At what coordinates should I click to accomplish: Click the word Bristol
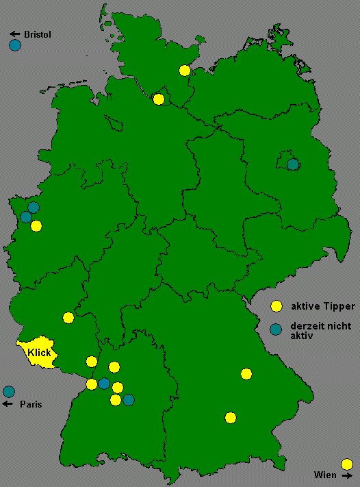click(x=38, y=34)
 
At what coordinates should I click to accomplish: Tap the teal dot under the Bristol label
click(x=15, y=46)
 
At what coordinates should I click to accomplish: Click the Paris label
click(x=31, y=404)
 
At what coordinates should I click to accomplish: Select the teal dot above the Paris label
click(x=9, y=392)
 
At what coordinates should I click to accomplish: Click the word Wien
click(x=325, y=475)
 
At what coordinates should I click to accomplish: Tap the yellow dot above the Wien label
click(x=347, y=463)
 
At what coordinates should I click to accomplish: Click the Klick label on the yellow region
click(x=39, y=352)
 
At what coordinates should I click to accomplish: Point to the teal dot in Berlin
click(x=293, y=164)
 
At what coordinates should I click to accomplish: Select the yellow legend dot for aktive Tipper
click(x=277, y=305)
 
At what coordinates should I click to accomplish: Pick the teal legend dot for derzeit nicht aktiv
click(x=277, y=329)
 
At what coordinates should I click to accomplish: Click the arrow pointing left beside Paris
click(x=9, y=404)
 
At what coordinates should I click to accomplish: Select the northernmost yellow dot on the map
click(x=184, y=70)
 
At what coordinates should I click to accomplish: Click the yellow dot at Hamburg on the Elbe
click(x=159, y=99)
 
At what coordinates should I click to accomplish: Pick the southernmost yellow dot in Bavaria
click(x=231, y=417)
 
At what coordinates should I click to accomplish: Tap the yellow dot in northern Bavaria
click(x=246, y=373)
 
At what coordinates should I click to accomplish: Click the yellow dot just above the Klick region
click(x=68, y=317)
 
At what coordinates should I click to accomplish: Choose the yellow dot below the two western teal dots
click(x=36, y=226)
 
